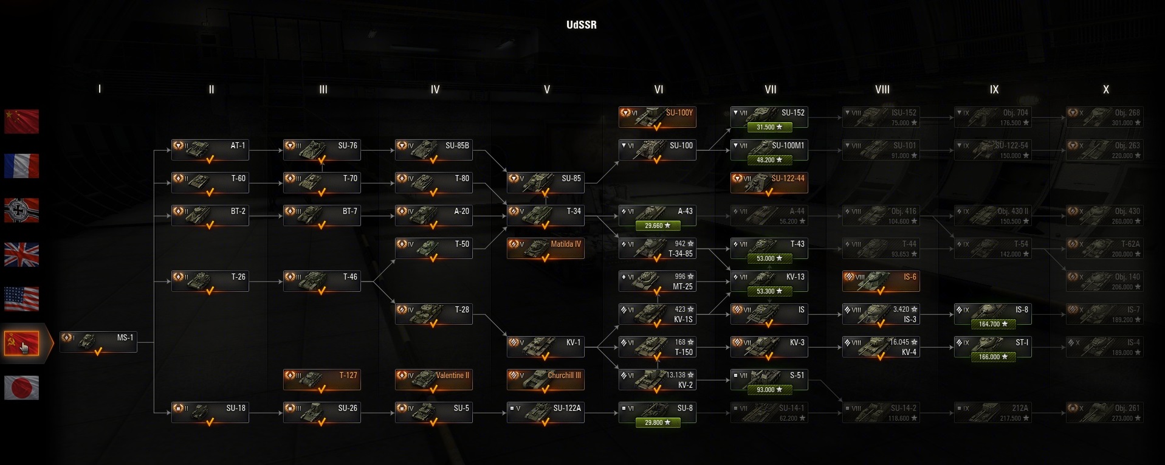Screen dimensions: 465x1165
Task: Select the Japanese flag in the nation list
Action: click(x=21, y=387)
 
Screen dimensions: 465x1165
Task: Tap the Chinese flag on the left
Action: click(x=21, y=121)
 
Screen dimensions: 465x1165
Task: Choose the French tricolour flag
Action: click(x=21, y=165)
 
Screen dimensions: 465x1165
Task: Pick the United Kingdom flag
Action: click(x=21, y=255)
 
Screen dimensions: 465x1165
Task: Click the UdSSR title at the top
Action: click(x=582, y=25)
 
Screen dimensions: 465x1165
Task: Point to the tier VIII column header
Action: click(x=882, y=89)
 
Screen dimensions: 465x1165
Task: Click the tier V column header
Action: click(x=546, y=89)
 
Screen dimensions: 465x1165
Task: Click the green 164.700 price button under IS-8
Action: click(x=992, y=324)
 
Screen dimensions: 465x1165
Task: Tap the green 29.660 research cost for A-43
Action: click(x=658, y=226)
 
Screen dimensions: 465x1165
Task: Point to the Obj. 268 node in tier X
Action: click(x=1104, y=117)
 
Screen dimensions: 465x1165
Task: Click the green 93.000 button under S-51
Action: click(x=769, y=390)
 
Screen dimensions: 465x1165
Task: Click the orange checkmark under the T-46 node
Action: click(x=321, y=291)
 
